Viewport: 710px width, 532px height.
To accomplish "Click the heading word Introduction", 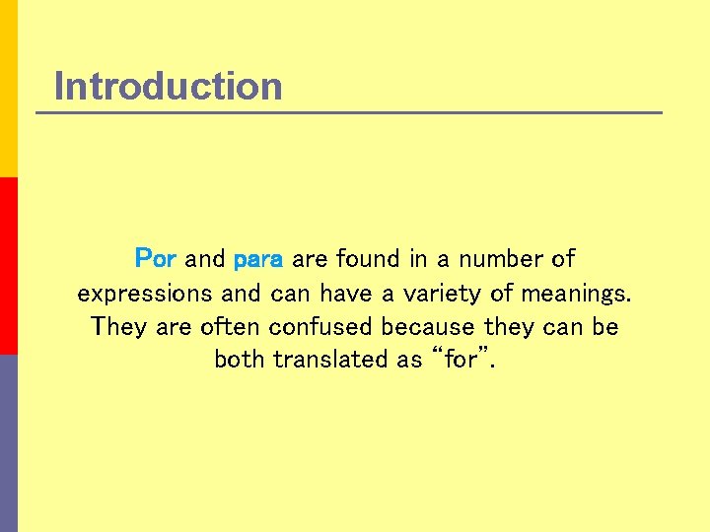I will pyautogui.click(x=168, y=87).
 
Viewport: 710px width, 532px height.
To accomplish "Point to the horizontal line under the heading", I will pyautogui.click(x=349, y=112).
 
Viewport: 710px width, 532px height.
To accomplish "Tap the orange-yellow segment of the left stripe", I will pyautogui.click(x=8, y=89).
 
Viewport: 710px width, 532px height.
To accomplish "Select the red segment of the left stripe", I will pyautogui.click(x=8, y=266).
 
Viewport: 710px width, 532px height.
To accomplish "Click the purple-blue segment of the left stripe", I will pyautogui.click(x=8, y=443).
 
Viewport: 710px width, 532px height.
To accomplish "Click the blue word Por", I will pyautogui.click(x=155, y=259).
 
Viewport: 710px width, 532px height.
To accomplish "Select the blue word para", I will pyautogui.click(x=258, y=260).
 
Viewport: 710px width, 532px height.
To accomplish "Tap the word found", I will pyautogui.click(x=369, y=259).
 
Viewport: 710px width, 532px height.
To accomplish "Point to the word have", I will pyautogui.click(x=345, y=294).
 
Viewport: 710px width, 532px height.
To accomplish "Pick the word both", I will pyautogui.click(x=240, y=360).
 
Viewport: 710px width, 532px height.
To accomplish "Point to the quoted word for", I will pyautogui.click(x=461, y=360).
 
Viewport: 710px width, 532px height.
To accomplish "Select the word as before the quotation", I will pyautogui.click(x=409, y=360).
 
